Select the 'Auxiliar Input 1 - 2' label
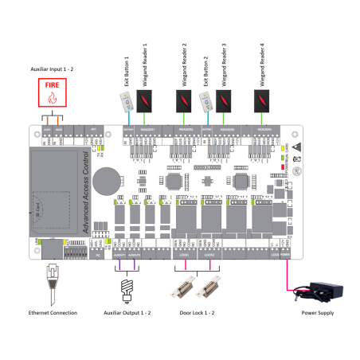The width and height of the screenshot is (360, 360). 52,70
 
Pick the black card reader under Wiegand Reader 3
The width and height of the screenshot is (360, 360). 225,100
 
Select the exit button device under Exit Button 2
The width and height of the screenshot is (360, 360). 205,100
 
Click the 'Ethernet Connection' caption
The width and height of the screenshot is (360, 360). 53,313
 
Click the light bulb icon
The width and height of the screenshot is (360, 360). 126,286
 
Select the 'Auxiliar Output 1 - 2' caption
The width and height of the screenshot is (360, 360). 125,313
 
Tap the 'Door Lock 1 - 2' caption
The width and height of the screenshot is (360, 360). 198,313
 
